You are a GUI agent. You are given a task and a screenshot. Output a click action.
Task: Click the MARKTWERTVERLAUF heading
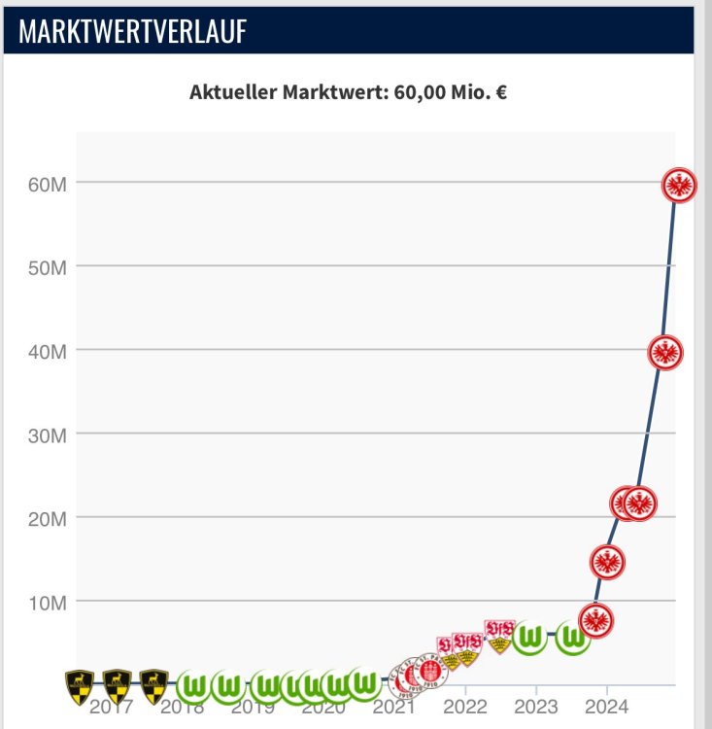coord(132,31)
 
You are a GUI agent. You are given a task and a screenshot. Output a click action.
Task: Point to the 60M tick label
coord(45,184)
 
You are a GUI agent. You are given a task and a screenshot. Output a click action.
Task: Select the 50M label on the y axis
coord(45,266)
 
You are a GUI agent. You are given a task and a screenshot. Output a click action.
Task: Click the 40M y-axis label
coord(45,350)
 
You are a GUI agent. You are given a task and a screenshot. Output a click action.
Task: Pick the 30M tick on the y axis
coord(45,434)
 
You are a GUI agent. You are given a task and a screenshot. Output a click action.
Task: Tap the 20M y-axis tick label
coord(45,517)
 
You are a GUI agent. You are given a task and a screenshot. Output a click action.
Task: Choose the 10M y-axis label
coord(45,601)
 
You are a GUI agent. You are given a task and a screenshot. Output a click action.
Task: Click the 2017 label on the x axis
coord(110,707)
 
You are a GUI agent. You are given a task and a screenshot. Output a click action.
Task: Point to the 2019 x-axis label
coord(253,707)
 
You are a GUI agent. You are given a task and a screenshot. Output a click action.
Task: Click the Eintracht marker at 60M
coord(679,184)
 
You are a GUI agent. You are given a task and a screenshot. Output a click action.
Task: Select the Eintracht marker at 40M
coord(664,351)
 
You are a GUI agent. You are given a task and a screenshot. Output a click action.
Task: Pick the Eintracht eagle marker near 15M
coord(608,561)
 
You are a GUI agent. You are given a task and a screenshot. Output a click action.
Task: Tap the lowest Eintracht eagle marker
coord(595,619)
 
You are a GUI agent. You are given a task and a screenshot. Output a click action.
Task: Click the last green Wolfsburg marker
coord(574,638)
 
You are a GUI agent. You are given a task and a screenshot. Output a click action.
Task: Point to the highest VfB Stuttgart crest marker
coord(499,629)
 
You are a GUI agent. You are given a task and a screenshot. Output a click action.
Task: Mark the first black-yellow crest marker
coord(81,684)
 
